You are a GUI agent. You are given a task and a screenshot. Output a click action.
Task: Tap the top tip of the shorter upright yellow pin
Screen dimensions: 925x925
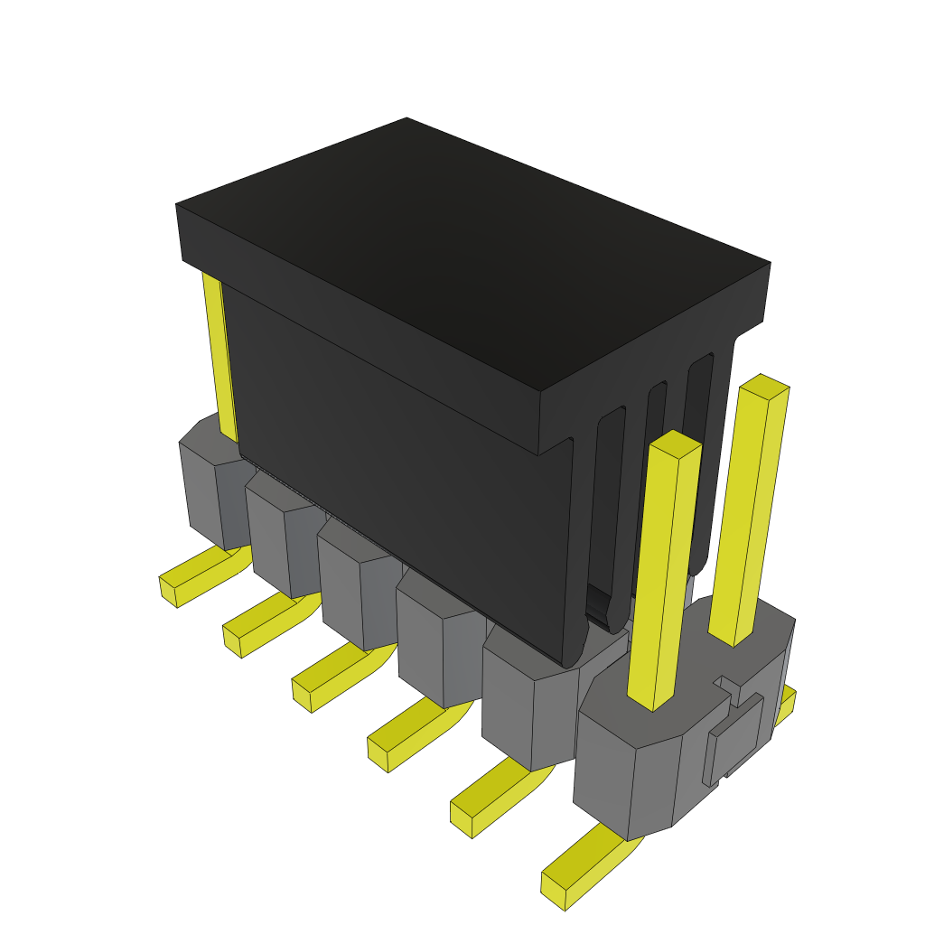[x=676, y=443]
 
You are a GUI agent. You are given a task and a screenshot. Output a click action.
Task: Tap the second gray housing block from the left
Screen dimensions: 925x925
[x=276, y=542]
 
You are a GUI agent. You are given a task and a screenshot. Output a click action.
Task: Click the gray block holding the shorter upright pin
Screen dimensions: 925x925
[x=632, y=777]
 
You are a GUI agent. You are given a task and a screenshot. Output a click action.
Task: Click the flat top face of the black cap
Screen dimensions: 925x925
[x=470, y=253]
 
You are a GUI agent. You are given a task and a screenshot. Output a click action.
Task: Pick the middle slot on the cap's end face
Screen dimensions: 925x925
[x=656, y=470]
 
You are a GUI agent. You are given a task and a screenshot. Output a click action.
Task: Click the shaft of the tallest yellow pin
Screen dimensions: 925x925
[x=750, y=515]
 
